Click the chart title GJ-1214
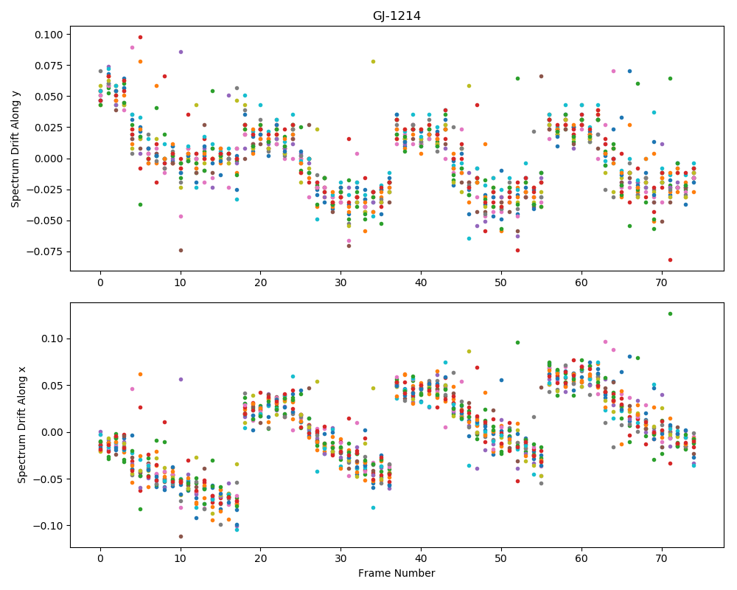397,16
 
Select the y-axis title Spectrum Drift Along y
15,149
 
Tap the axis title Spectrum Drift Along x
21,425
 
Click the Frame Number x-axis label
397,573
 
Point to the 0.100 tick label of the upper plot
49,35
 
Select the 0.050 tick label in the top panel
49,97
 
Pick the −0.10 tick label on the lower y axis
49,526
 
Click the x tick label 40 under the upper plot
421,282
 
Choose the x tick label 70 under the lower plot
662,559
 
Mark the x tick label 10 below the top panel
181,282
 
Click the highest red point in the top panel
140,37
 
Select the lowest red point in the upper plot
670,260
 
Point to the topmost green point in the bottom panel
670,314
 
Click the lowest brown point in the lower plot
181,536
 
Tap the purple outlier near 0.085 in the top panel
181,52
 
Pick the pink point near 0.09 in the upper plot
133,47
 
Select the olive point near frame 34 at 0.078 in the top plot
373,62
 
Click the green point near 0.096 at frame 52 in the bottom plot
517,342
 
